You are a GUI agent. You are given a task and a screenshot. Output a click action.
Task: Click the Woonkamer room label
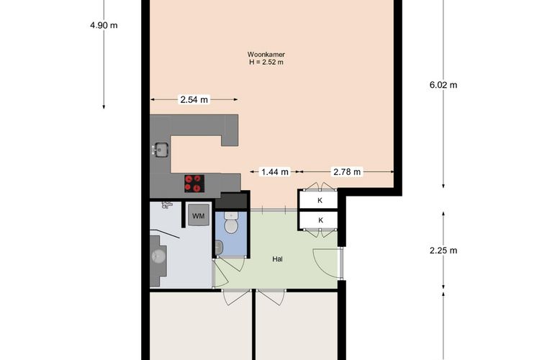tap(266, 55)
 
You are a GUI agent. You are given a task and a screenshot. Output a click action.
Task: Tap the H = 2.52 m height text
tap(266, 63)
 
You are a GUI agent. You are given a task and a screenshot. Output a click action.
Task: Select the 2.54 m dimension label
tap(194, 100)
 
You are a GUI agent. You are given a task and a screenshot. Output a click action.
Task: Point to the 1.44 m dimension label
tap(275, 171)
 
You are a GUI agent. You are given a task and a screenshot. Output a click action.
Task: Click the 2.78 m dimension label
tap(347, 171)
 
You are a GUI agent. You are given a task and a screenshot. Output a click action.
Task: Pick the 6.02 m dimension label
tap(443, 85)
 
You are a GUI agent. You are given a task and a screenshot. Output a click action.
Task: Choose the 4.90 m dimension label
tap(104, 25)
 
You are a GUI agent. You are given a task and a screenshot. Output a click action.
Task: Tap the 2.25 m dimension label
tap(443, 251)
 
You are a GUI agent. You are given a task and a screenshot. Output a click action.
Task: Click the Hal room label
tap(277, 259)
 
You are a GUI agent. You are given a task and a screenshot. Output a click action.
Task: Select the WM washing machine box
tap(199, 216)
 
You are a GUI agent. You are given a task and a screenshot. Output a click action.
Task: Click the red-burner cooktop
tap(194, 184)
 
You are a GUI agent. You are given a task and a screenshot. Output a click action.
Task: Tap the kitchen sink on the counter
tap(161, 150)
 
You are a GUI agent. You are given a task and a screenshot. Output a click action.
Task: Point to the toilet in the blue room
tap(230, 222)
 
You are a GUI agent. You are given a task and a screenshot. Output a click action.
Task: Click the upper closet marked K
tap(320, 200)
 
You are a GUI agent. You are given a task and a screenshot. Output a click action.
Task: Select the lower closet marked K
tap(320, 220)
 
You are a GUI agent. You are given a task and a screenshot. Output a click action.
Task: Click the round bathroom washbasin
tap(159, 256)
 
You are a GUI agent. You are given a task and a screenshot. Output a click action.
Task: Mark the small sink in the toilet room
tap(219, 248)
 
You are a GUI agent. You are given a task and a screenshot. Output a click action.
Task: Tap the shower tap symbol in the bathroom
tap(167, 204)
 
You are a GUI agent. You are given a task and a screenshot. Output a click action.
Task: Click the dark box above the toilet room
tap(231, 200)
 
